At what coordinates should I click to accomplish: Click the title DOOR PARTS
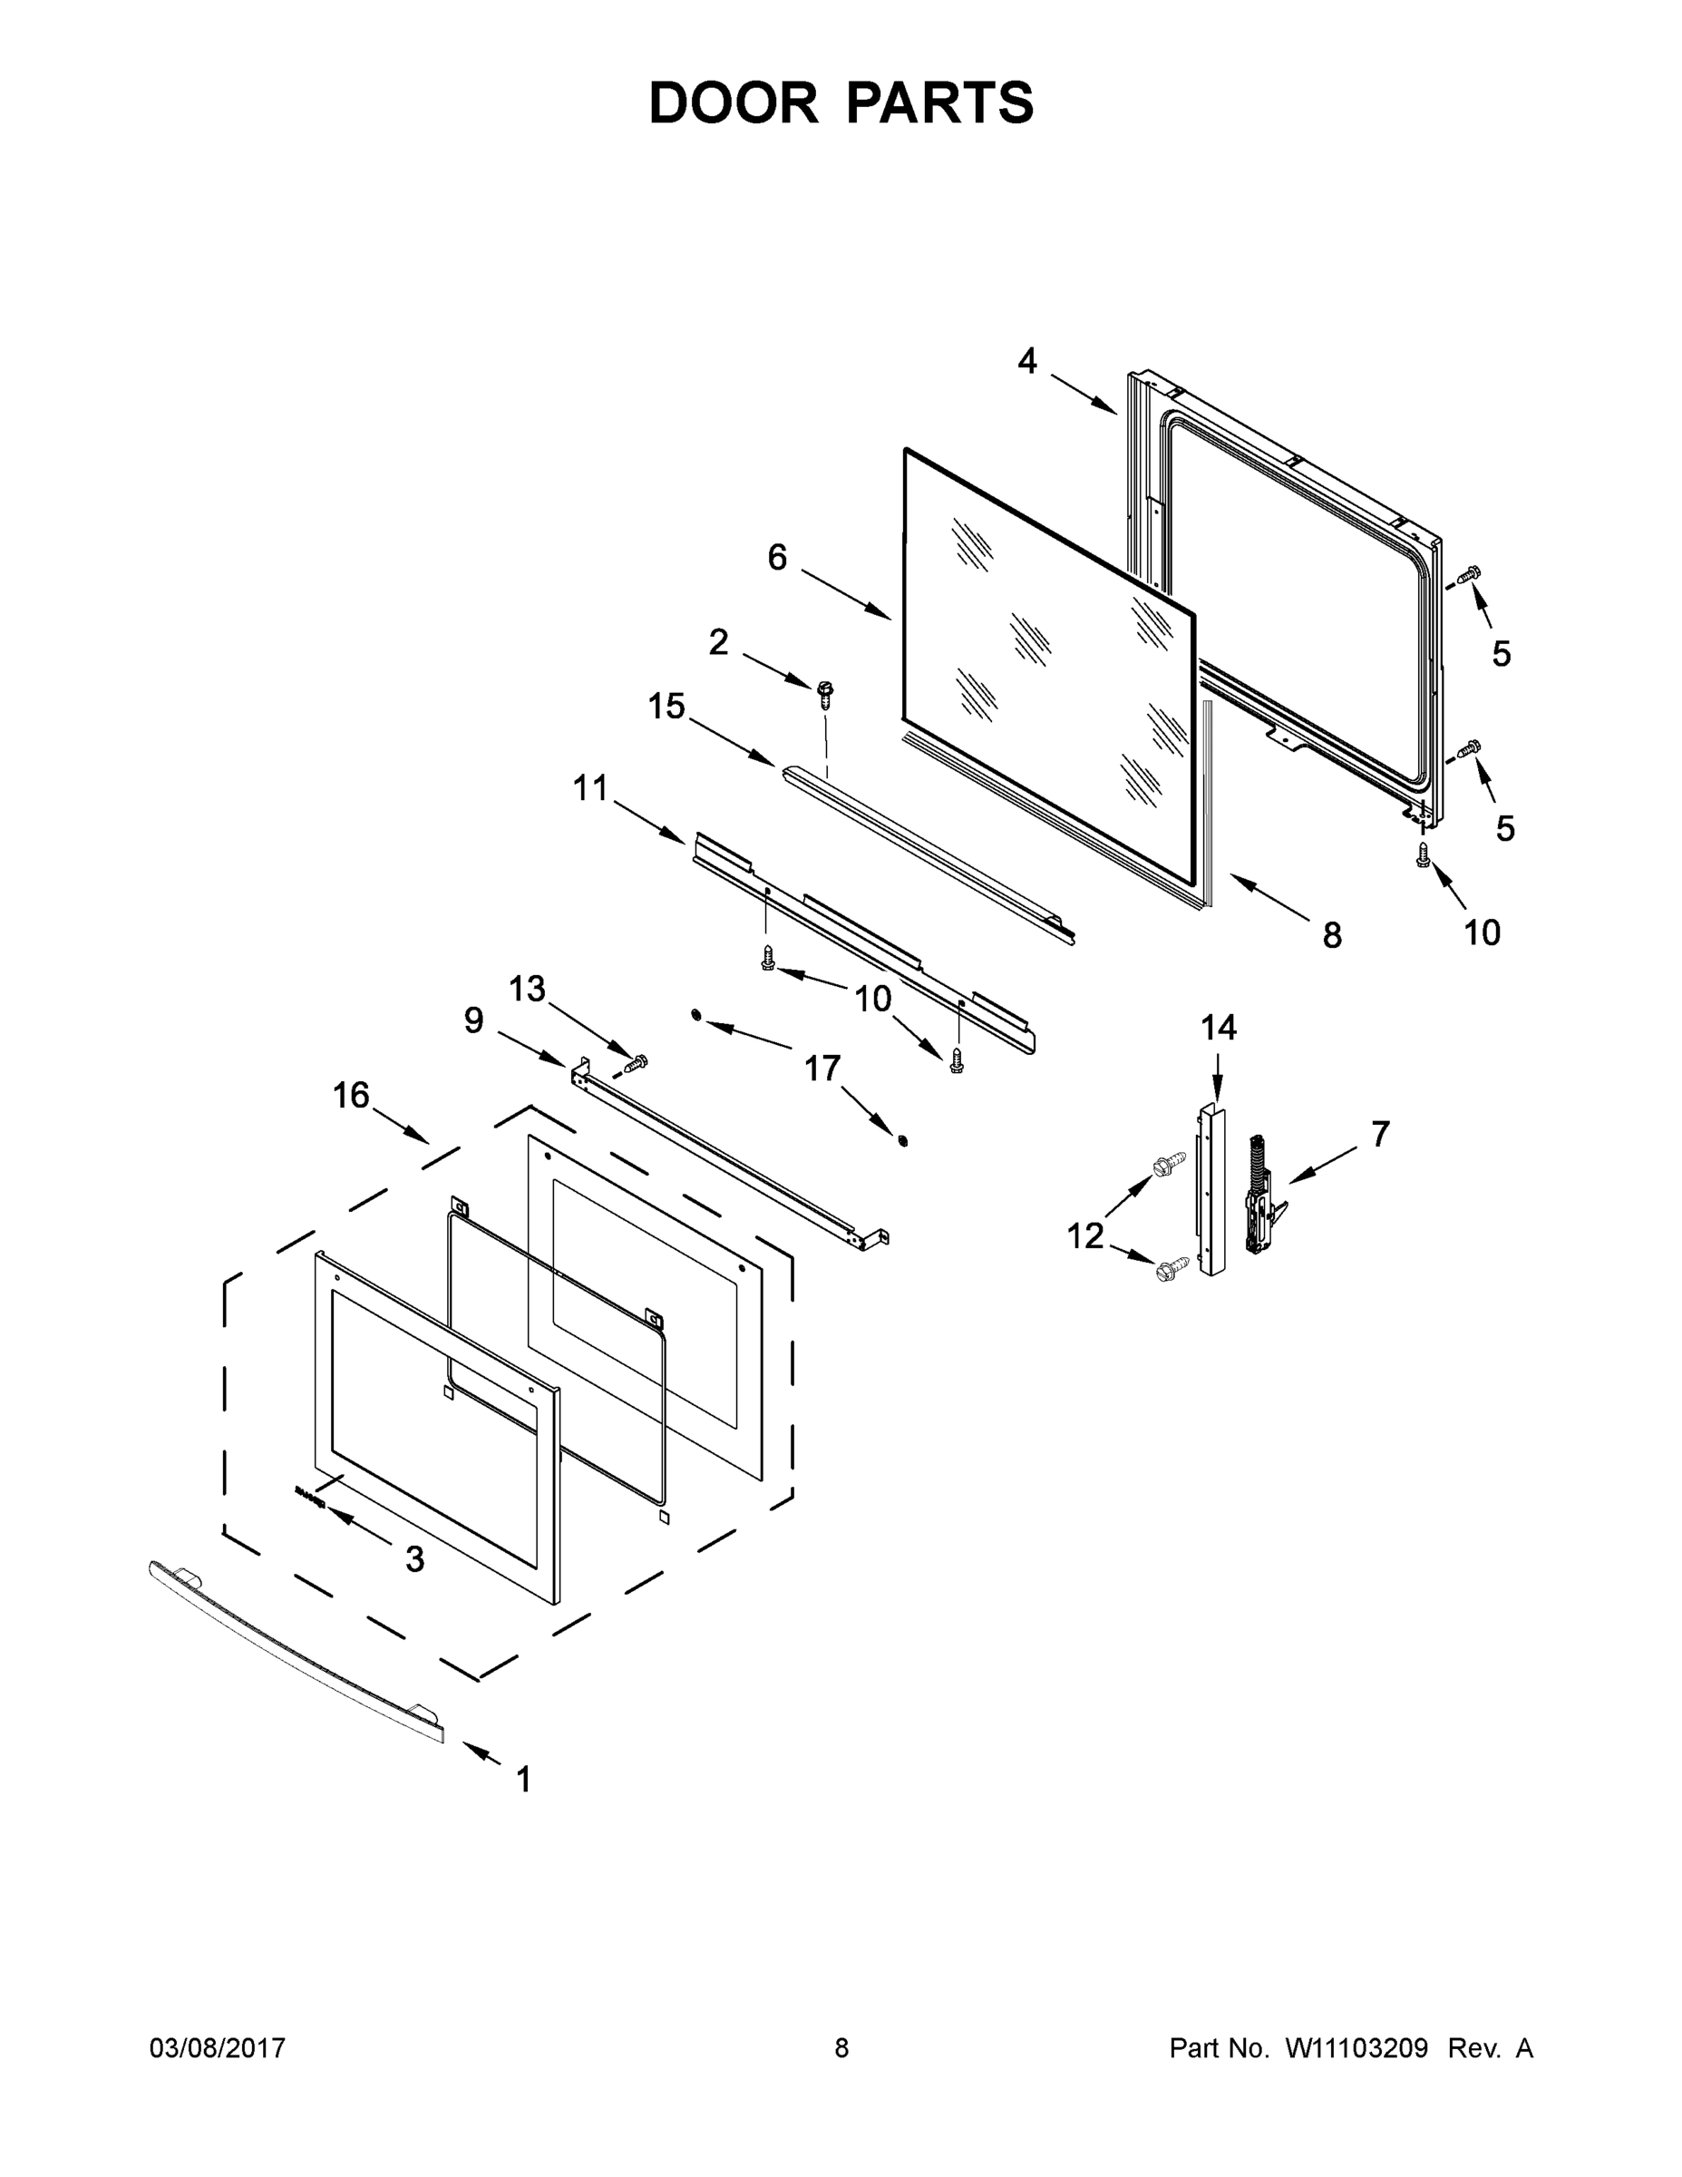[841, 103]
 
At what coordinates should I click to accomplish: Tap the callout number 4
[1027, 361]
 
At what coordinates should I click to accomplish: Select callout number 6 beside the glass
[777, 557]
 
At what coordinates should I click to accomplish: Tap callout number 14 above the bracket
[1218, 1028]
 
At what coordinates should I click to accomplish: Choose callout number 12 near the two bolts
[1085, 1236]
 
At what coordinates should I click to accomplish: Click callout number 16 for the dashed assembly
[351, 1096]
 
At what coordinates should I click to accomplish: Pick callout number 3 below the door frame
[414, 1559]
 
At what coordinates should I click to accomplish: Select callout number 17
[822, 1069]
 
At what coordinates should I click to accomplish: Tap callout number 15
[666, 707]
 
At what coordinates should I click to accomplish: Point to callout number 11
[590, 787]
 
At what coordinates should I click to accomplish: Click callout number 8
[1331, 935]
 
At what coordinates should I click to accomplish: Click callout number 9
[473, 1020]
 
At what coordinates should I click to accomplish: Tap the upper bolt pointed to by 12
[1168, 1162]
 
